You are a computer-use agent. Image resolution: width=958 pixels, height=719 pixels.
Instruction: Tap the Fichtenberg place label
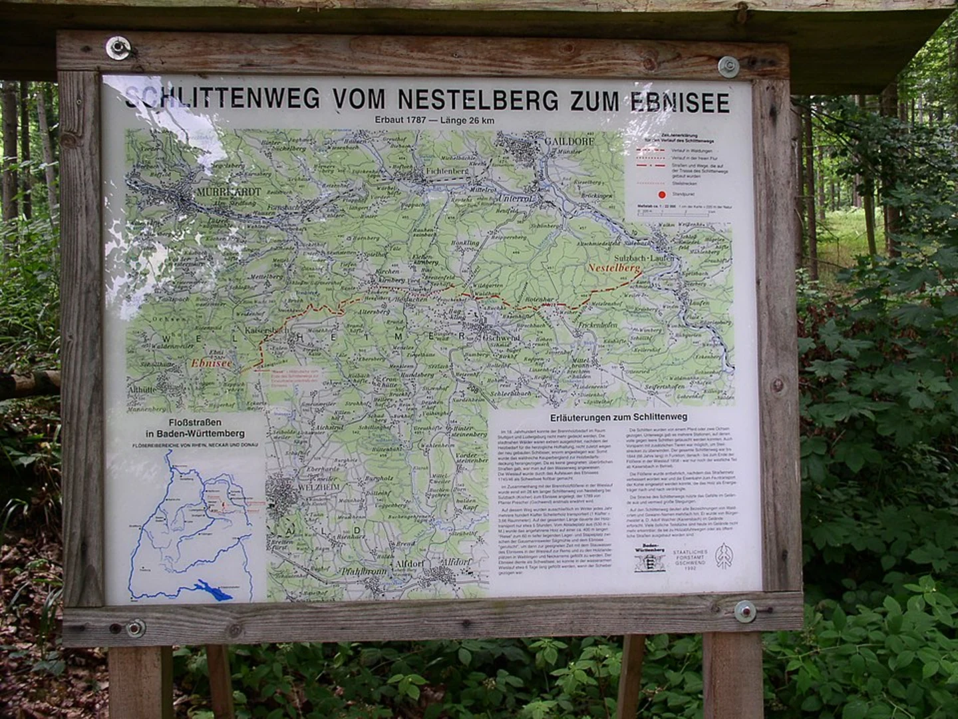point(446,171)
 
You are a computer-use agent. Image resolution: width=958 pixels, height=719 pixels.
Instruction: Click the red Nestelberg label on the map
point(614,268)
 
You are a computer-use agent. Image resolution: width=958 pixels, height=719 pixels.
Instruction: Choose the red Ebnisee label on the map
point(211,363)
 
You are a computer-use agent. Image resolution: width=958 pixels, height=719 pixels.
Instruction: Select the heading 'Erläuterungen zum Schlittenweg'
point(618,417)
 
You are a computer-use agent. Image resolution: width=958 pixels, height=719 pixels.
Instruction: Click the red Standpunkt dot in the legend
point(661,194)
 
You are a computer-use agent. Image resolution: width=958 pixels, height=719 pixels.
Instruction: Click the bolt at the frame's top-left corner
point(118,47)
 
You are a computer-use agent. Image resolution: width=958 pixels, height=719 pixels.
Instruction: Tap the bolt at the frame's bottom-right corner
point(745,610)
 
